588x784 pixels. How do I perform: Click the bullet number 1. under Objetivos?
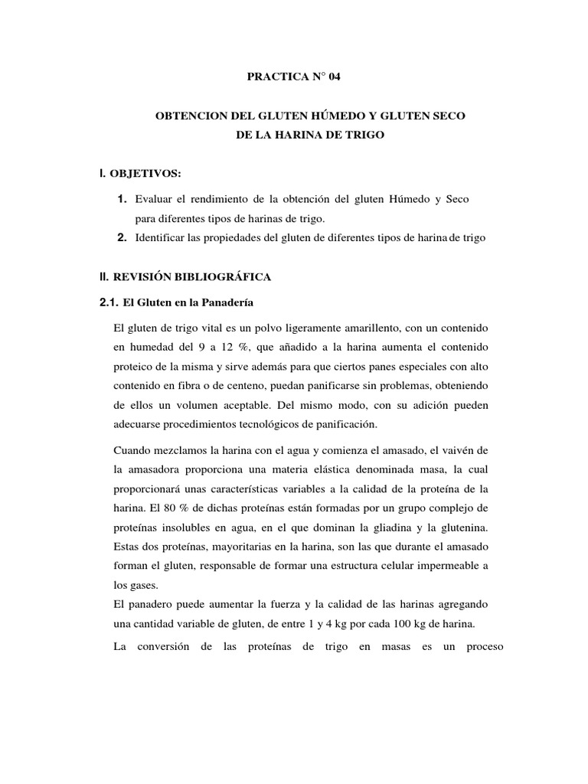[x=122, y=199]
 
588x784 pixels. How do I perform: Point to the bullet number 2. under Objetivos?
[x=122, y=237]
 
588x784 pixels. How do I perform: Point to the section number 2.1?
[x=106, y=302]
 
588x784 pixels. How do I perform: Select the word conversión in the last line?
[x=163, y=648]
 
